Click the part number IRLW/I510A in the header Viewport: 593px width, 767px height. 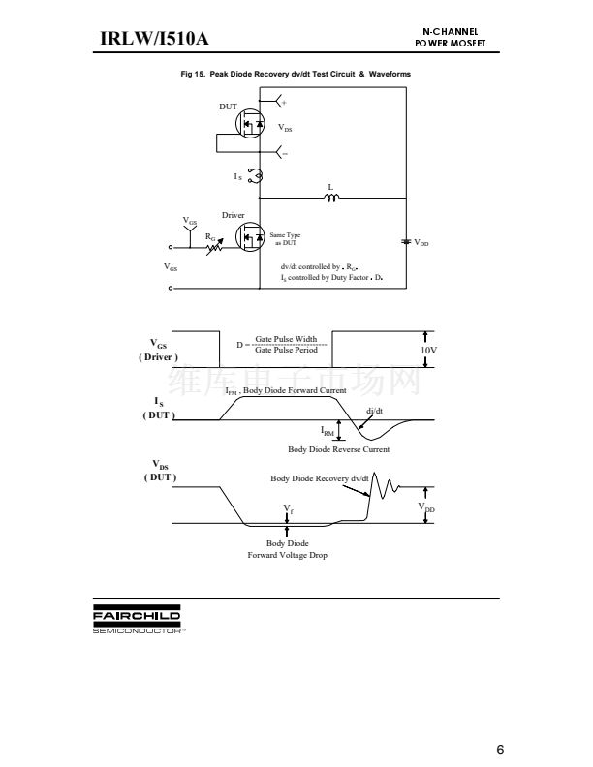pos(155,39)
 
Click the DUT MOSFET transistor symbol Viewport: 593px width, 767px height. pos(251,125)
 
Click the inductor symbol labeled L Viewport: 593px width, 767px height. pos(331,199)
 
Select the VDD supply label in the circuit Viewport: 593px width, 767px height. pos(421,243)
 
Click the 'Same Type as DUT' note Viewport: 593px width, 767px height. pos(286,238)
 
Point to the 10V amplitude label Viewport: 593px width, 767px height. pos(428,350)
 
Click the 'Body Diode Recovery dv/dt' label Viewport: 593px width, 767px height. pos(320,478)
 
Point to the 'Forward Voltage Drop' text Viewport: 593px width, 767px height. pos(287,555)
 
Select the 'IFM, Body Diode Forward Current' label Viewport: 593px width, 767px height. pos(286,390)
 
